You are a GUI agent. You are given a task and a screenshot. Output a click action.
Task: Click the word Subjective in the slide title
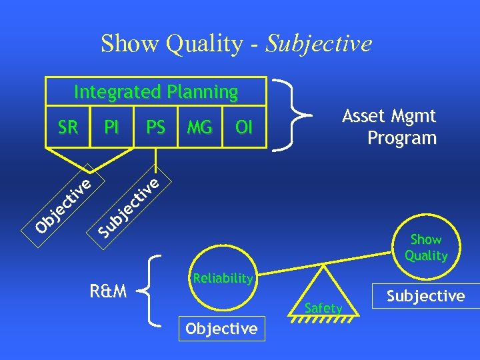tap(319, 44)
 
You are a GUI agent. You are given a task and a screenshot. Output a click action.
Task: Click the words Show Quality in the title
tap(172, 44)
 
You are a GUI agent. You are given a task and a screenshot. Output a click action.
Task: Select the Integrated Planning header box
tap(155, 91)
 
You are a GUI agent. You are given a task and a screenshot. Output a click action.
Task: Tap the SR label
tap(67, 127)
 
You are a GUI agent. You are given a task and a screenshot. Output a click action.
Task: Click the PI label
tap(111, 127)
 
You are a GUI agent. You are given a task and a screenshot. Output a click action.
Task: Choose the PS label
tap(155, 127)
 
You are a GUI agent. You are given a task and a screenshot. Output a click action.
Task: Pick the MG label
tap(199, 127)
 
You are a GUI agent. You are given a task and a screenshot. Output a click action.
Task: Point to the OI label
tap(244, 127)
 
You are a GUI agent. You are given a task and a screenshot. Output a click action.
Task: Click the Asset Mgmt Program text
tap(391, 127)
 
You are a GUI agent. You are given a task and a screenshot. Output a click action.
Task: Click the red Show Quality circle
tap(425, 247)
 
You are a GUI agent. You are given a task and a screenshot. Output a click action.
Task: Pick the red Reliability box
tap(222, 278)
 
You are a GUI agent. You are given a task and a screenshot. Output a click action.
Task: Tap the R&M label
tap(108, 291)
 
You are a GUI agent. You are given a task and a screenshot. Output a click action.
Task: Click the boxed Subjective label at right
tap(426, 296)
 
